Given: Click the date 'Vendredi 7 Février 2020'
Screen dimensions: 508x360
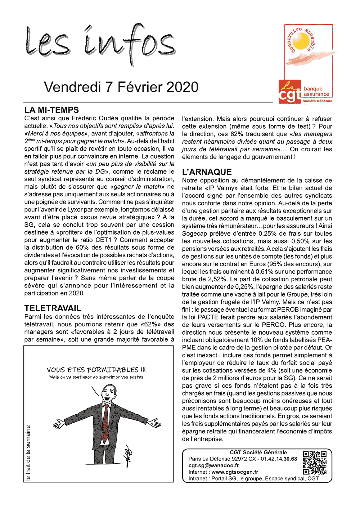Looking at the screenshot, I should (x=121, y=87).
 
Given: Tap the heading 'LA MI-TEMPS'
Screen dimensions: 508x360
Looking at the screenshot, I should (x=51, y=110).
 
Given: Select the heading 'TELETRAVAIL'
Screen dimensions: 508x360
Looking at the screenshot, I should (x=53, y=308).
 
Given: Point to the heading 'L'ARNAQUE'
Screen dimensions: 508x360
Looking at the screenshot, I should (x=207, y=172).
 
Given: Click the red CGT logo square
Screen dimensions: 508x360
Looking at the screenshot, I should (x=290, y=92).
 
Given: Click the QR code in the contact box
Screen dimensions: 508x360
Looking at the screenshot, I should (x=315, y=463).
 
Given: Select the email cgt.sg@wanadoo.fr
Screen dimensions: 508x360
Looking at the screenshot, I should (x=213, y=465).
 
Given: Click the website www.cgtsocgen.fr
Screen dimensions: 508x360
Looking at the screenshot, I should (x=235, y=472).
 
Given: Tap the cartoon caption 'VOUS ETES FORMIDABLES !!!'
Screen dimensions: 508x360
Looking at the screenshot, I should (x=96, y=370).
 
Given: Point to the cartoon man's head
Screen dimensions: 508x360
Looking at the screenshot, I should (x=108, y=392).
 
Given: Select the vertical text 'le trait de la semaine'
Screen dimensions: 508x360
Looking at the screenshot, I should (x=28, y=453).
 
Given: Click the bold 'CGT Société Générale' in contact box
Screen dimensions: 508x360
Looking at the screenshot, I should (x=258, y=453).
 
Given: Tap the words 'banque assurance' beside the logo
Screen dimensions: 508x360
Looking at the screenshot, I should (x=316, y=92).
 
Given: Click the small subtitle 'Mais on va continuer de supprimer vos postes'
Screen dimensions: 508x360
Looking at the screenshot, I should (x=96, y=377).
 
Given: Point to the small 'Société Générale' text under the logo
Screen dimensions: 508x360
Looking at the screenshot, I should (x=317, y=101).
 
